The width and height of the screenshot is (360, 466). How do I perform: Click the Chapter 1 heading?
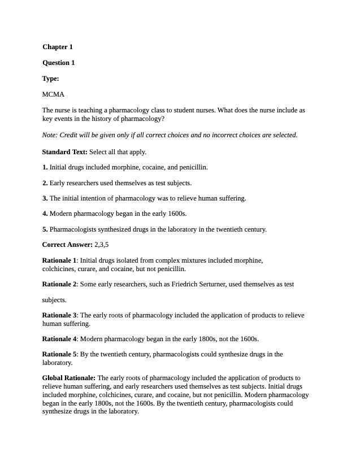coord(58,47)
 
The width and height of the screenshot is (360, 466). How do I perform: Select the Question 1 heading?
coord(58,63)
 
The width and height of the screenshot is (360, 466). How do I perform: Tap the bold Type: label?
coord(50,79)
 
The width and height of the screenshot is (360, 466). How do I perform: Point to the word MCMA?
coord(53,94)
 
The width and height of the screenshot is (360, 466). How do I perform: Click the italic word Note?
coord(50,135)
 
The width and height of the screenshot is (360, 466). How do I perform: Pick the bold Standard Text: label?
coord(65,152)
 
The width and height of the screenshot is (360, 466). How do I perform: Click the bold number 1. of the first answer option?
coord(45,167)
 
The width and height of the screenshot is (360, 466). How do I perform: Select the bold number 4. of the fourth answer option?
coord(45,214)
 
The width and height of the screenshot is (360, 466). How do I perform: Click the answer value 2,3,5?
coord(102,245)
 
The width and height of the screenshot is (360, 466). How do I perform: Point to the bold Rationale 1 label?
coord(59,260)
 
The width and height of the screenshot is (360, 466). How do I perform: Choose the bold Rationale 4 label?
coord(59,339)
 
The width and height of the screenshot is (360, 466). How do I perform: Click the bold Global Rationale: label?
coord(70,378)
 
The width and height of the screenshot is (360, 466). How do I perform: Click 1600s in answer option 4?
coord(177,214)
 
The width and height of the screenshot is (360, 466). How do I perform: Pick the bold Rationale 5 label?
coord(59,354)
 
